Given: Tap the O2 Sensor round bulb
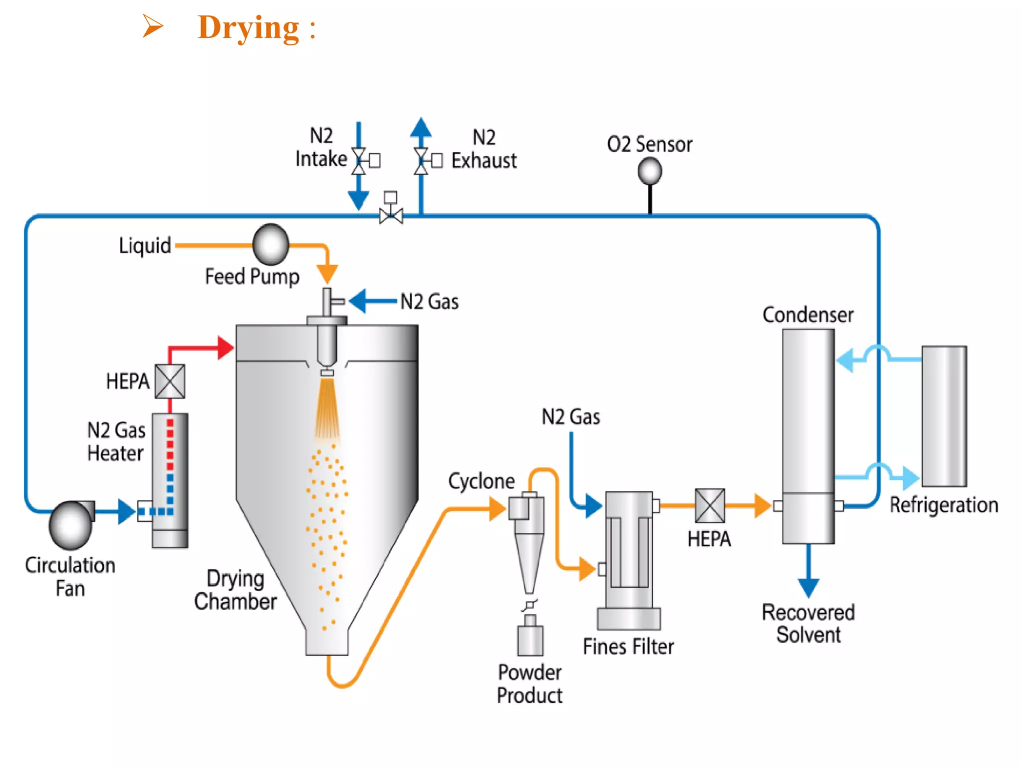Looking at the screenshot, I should coord(650,171).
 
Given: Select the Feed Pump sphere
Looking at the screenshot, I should coord(271,245).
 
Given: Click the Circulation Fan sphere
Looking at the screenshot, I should coord(70,526).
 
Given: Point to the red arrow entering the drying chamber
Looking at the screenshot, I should coord(225,348).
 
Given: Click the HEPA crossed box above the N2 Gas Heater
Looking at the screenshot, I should coord(170,382).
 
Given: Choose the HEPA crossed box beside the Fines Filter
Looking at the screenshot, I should coord(710,505).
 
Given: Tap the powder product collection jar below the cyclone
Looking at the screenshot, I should coord(530,640).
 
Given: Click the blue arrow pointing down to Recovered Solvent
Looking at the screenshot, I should coord(808,586).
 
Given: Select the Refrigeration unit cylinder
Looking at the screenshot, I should coord(944,416).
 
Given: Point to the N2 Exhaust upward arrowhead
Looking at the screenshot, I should coord(421,128).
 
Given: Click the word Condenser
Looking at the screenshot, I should coord(807,315).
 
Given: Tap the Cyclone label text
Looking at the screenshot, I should coord(481,481).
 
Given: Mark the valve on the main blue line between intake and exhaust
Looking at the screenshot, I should coord(391,215).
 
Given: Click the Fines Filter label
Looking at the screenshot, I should coord(628,647).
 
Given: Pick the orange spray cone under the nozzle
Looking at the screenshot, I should coord(327,409).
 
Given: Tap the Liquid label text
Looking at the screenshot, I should coord(145,246).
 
